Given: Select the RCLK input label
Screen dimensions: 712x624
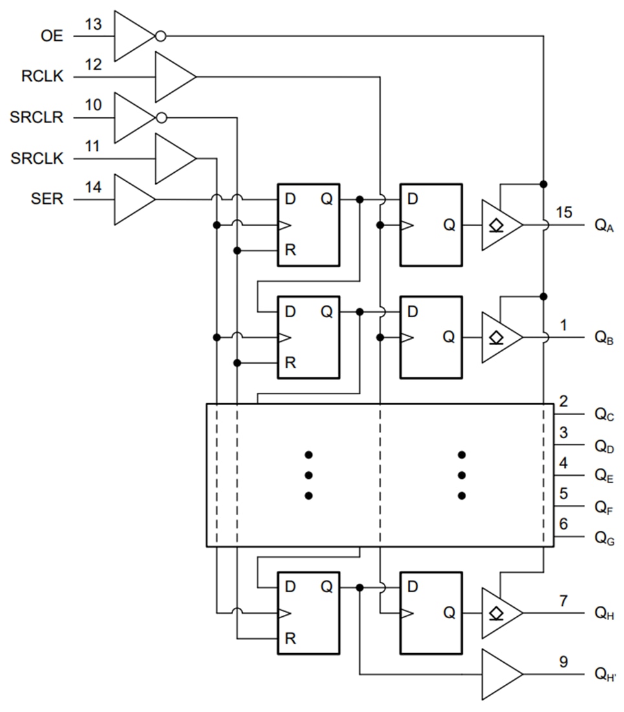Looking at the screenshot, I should click(42, 77).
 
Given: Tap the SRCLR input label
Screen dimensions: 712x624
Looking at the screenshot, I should click(37, 118).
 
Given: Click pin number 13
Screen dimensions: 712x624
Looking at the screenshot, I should click(93, 24).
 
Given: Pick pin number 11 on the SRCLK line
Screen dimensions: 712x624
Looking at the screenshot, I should click(93, 146).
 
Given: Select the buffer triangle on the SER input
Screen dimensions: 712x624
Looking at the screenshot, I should click(133, 199).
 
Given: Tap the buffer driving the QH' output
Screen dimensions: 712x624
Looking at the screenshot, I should click(500, 674).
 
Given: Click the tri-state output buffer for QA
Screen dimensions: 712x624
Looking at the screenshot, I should click(500, 225).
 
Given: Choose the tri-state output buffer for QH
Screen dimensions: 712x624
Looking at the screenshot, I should click(500, 613).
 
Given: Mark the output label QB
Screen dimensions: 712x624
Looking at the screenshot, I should click(604, 338).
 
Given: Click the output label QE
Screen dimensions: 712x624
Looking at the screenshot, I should click(604, 476).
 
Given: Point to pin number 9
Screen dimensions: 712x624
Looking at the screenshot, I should click(564, 662).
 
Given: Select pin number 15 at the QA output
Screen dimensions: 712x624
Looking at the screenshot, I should click(564, 212).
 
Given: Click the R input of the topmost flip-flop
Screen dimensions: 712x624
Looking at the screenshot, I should click(291, 250).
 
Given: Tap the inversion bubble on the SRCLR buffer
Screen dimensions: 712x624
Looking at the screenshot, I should click(161, 118).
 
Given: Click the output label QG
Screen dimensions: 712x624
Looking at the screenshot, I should click(604, 538).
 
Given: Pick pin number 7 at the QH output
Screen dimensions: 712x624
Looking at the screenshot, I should click(564, 601).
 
